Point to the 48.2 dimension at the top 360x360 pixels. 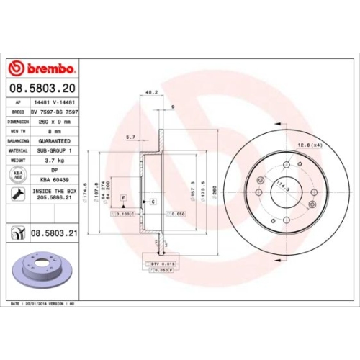point(151,93)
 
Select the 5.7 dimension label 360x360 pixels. point(130,136)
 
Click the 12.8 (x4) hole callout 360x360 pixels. point(307,145)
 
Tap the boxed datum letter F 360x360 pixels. point(123,197)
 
